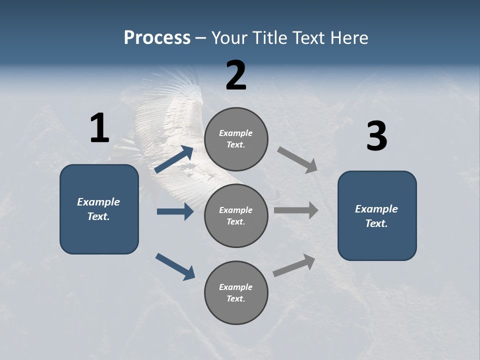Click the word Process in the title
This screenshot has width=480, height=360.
[x=157, y=38]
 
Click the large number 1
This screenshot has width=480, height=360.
[x=99, y=128]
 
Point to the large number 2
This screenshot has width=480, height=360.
[x=236, y=75]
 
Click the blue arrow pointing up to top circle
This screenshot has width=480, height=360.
[x=174, y=160]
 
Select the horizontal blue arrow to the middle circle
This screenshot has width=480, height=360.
[x=175, y=211]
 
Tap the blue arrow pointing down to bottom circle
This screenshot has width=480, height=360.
[x=175, y=266]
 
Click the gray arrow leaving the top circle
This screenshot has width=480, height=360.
[x=297, y=160]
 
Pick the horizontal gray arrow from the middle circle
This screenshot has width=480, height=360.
[x=296, y=210]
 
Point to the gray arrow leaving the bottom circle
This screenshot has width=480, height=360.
[x=294, y=265]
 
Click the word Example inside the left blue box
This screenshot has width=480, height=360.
[x=98, y=202]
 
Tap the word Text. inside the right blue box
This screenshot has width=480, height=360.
[x=376, y=223]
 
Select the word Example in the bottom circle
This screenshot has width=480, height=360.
[x=235, y=287]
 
